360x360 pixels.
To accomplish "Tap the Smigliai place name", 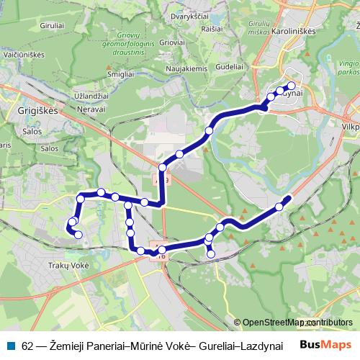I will tap(120, 74).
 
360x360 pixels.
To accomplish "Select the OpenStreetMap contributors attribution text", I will tap(297, 323).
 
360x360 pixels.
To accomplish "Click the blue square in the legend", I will tap(14, 346).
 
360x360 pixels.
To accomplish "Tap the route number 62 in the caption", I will tap(27, 346).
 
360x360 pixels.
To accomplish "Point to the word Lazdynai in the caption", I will tap(261, 346).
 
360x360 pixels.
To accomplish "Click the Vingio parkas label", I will tap(347, 68).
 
